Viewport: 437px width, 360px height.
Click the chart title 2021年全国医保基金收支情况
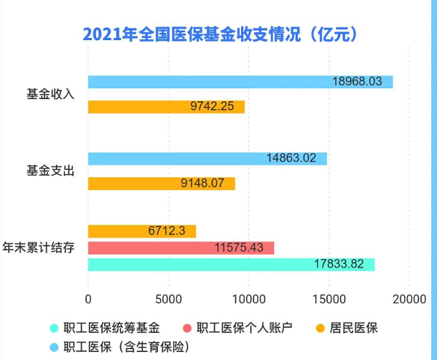pyautogui.click(x=219, y=34)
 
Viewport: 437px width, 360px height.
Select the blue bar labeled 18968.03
pyautogui.click(x=240, y=82)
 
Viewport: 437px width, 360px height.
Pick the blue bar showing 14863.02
pyautogui.click(x=207, y=158)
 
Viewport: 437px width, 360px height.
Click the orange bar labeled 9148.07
pyautogui.click(x=161, y=184)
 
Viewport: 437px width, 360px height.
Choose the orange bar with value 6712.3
pyautogui.click(x=142, y=231)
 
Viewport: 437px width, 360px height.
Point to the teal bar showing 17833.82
pyautogui.click(x=231, y=265)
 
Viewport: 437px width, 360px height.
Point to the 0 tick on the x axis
pyautogui.click(x=88, y=299)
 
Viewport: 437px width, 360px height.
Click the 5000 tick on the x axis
pyautogui.click(x=168, y=299)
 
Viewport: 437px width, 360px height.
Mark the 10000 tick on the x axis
pyautogui.click(x=248, y=299)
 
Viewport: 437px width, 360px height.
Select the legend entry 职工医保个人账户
pyautogui.click(x=237, y=328)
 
